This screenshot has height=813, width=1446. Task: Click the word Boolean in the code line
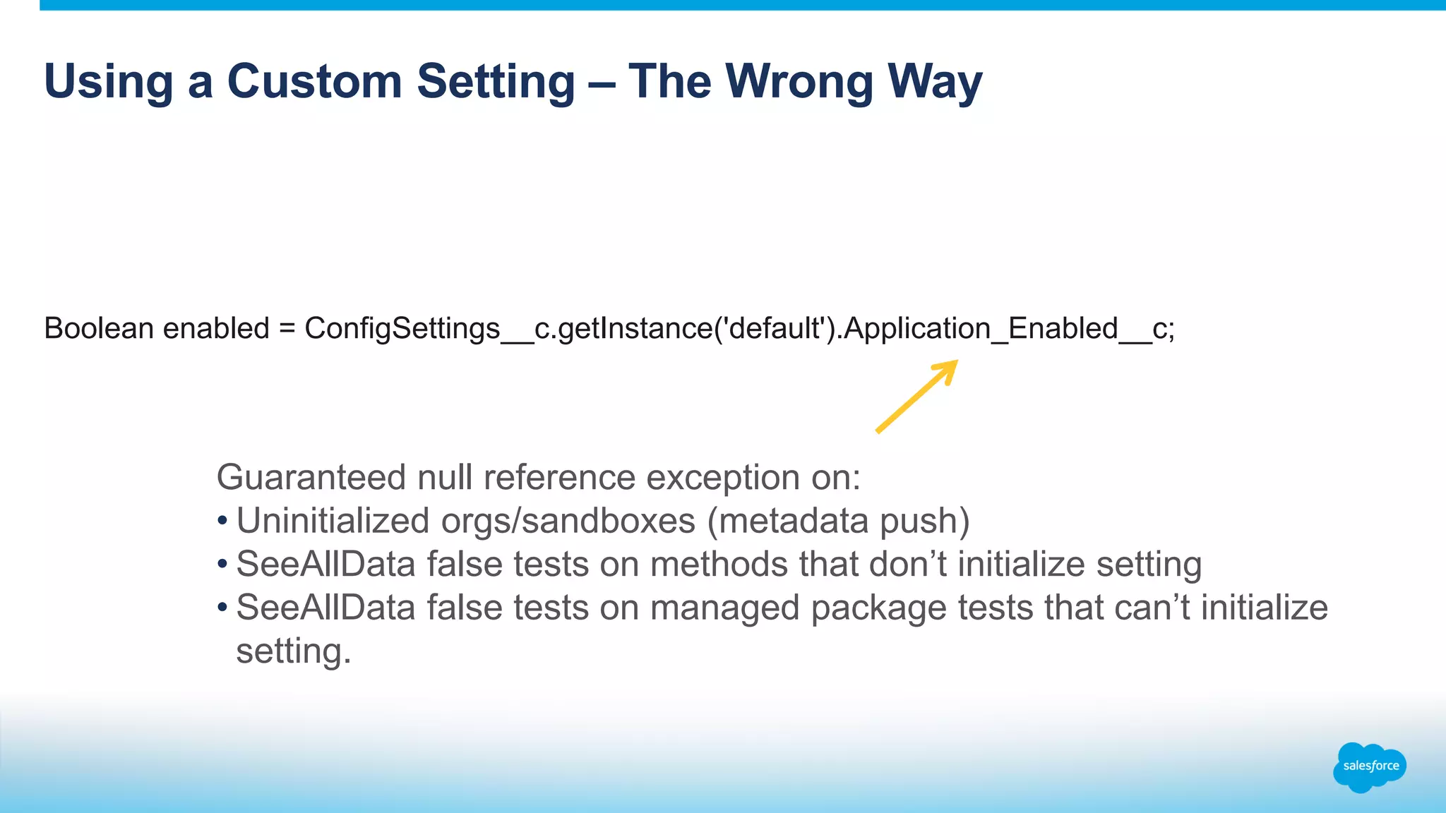coord(99,329)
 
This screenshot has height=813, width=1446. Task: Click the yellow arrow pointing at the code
coord(916,397)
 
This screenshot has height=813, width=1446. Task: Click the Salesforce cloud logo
coord(1369,766)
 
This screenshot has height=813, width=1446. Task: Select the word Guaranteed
coord(311,478)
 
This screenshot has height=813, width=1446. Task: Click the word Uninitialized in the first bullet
coord(333,522)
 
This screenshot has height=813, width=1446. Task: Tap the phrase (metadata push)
coord(838,522)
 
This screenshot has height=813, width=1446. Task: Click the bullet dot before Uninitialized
coord(222,522)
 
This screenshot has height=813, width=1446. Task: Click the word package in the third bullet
coord(878,608)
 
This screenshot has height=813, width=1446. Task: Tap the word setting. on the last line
coord(293,651)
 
